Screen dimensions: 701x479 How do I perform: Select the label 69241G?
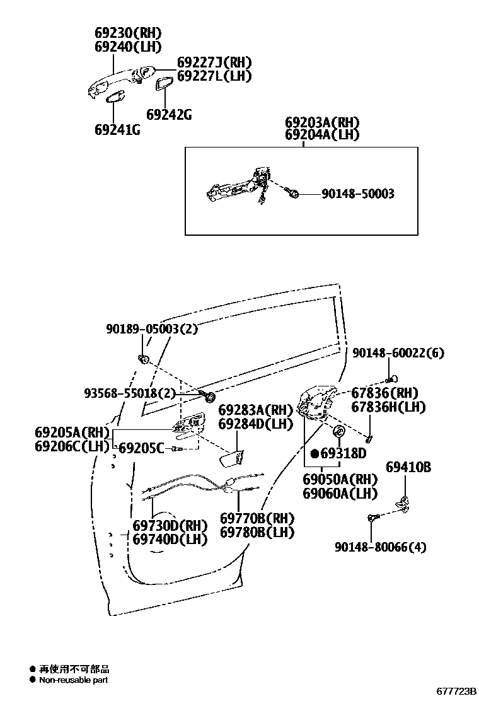pyautogui.click(x=117, y=130)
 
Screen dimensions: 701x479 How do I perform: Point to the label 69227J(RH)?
pyautogui.click(x=214, y=62)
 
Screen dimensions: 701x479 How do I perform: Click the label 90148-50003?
pyautogui.click(x=357, y=194)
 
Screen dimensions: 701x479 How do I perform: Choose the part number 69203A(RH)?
pyautogui.click(x=322, y=122)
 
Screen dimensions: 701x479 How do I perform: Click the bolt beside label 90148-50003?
pyautogui.click(x=293, y=193)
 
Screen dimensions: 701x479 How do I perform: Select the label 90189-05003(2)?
pyautogui.click(x=152, y=328)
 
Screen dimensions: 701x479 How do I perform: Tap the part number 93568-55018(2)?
pyautogui.click(x=130, y=393)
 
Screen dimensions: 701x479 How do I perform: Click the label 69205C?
pyautogui.click(x=142, y=448)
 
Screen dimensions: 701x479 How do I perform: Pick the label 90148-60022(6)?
pyautogui.click(x=398, y=353)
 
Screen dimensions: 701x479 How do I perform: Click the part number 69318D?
pyautogui.click(x=343, y=453)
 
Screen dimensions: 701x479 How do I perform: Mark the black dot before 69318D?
pyautogui.click(x=315, y=453)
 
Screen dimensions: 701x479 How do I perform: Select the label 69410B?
pyautogui.click(x=408, y=466)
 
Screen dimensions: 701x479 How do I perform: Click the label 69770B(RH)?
pyautogui.click(x=257, y=518)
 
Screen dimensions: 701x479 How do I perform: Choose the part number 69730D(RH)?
pyautogui.click(x=170, y=525)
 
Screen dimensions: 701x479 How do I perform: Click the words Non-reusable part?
pyautogui.click(x=74, y=680)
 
